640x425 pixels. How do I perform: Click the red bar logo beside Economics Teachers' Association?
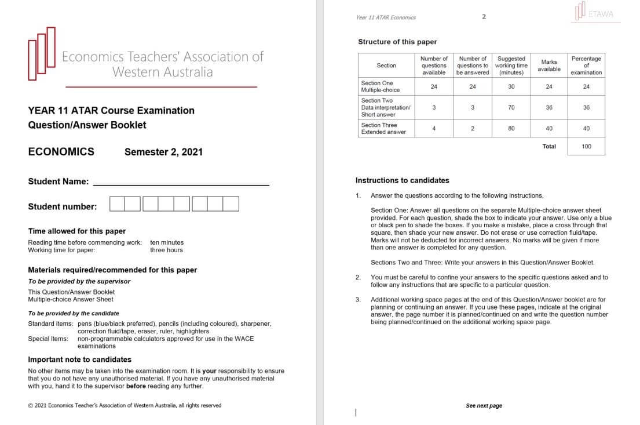(x=42, y=53)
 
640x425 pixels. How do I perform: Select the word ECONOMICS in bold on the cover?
(x=61, y=152)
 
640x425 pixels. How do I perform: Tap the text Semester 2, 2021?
(x=163, y=152)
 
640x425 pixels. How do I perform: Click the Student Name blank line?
(x=181, y=182)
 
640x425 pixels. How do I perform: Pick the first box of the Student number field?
(x=117, y=204)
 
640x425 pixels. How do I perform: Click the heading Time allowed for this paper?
(x=76, y=231)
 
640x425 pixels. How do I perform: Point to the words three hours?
(x=166, y=250)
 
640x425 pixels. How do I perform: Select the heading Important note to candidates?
(x=79, y=359)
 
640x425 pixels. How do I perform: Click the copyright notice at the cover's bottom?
(x=125, y=405)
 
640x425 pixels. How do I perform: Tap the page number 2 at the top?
(x=484, y=17)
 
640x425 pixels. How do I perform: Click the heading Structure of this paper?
(x=397, y=42)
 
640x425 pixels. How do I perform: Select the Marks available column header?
(x=548, y=66)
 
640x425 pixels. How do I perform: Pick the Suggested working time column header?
(x=511, y=66)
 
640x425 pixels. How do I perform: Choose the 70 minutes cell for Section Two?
(x=511, y=107)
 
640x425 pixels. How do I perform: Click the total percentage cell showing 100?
(x=586, y=147)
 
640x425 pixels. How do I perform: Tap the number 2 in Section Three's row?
(x=473, y=129)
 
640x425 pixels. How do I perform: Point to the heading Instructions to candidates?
(x=402, y=180)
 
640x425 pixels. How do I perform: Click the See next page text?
(x=484, y=406)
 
